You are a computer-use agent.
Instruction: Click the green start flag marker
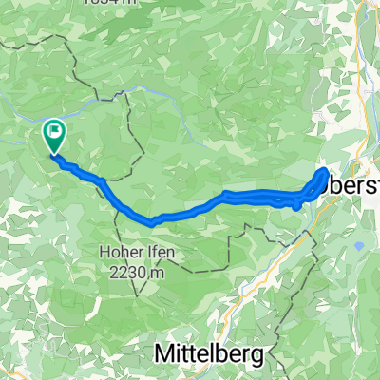pos(54,135)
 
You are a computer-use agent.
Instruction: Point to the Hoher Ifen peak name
pos(133,252)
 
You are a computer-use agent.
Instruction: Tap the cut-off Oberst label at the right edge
pos(353,185)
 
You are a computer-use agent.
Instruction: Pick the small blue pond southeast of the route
pos(361,246)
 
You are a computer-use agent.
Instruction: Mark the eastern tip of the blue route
pos(327,171)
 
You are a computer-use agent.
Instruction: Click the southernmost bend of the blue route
pos(152,223)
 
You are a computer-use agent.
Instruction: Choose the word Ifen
pos(156,252)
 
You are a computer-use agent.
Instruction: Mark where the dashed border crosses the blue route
pos(116,194)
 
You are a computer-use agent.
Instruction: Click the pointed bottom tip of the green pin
pos(54,153)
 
